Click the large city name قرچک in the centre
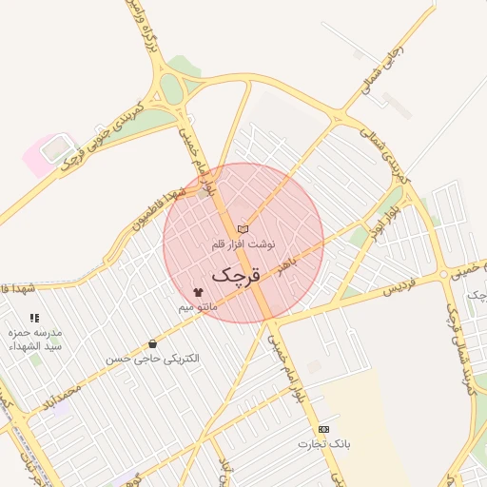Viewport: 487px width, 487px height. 234,276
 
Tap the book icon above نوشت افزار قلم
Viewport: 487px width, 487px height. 243,229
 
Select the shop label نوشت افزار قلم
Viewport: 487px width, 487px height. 243,244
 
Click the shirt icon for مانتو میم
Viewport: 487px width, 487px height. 198,292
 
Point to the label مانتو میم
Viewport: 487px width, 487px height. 198,307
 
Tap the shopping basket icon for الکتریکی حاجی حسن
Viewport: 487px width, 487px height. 153,343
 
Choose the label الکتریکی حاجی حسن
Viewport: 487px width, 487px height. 153,359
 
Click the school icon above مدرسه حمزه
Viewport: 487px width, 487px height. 35,318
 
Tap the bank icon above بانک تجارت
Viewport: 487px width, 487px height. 324,429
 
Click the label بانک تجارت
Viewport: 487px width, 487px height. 324,444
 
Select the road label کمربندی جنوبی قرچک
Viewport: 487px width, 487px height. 101,135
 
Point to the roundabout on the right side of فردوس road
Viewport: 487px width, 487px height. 444,275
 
